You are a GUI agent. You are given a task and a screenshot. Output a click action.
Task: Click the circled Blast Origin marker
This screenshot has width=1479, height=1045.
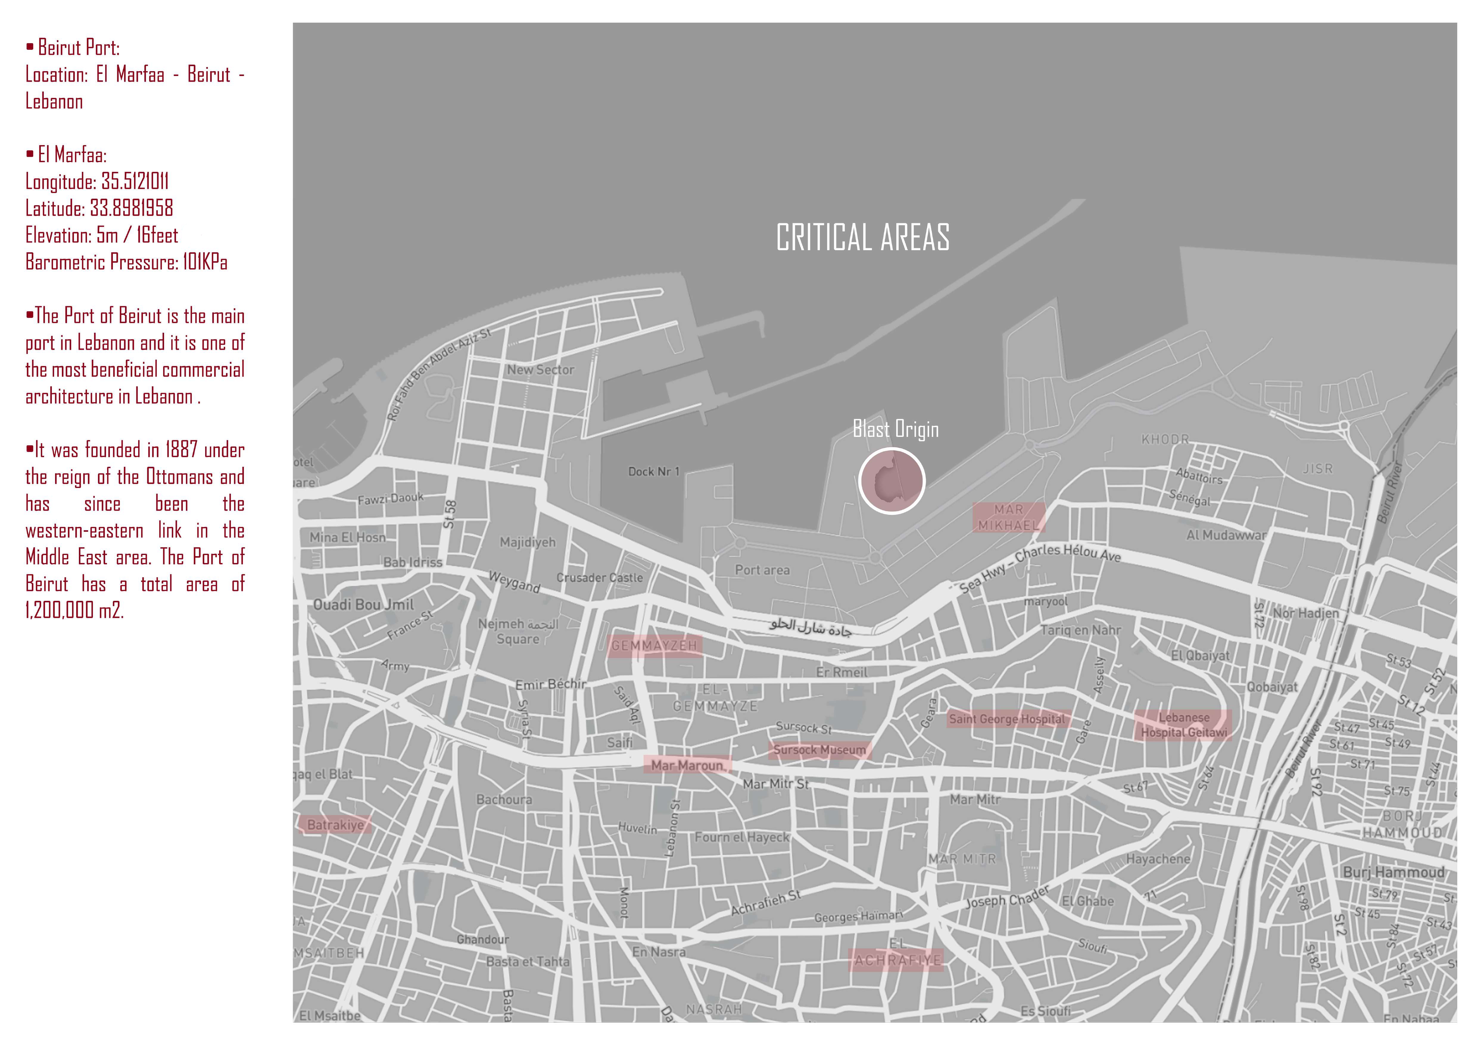892,481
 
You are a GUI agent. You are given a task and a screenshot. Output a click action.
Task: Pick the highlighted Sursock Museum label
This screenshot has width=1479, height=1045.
819,750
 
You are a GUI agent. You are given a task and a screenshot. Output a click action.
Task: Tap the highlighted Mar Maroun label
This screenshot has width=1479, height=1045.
687,765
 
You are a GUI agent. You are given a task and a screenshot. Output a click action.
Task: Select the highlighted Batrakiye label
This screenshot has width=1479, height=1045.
335,825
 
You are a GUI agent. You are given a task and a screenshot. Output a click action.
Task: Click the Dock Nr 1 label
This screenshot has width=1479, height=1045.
654,472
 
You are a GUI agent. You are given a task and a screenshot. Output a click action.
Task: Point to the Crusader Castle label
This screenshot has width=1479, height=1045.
600,578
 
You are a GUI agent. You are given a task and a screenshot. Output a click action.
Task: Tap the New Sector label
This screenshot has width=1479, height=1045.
540,370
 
